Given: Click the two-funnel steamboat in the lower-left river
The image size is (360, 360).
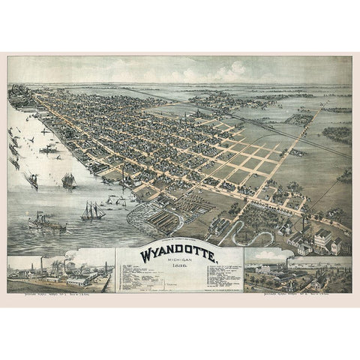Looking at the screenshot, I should click(x=46, y=222).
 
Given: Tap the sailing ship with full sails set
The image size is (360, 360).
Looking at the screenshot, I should click(x=68, y=181).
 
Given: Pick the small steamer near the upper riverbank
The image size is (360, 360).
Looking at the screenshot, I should click(x=50, y=148).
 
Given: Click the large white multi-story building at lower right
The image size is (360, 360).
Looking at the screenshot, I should click(x=322, y=240).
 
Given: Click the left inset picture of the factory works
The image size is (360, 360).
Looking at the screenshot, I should click(x=60, y=271).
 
